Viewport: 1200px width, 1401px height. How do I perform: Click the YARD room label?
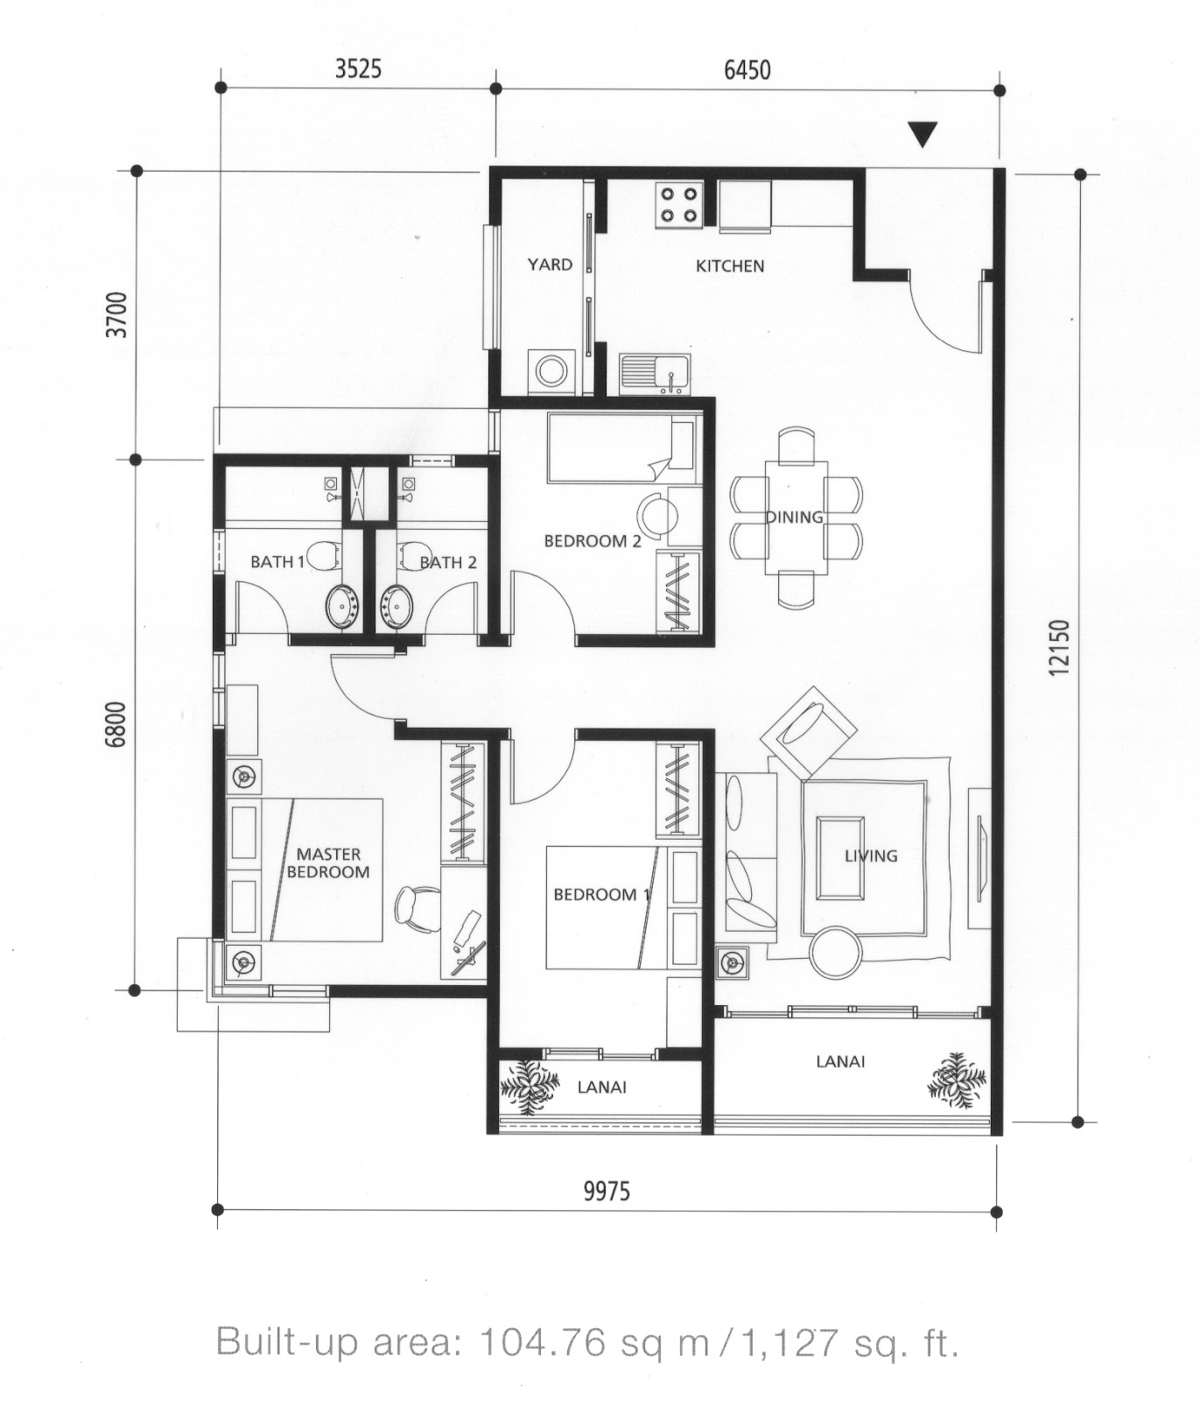[550, 264]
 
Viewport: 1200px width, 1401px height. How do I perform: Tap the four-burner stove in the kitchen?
[679, 205]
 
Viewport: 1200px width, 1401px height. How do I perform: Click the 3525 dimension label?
[358, 68]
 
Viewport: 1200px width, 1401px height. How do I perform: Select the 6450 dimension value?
[747, 68]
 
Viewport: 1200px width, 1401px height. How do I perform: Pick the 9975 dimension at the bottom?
[607, 1192]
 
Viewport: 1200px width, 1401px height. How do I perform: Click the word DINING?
[795, 517]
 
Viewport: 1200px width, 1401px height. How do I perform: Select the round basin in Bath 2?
[399, 604]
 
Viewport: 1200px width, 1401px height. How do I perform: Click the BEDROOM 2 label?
[593, 541]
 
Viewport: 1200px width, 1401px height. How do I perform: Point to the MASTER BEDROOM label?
[328, 862]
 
